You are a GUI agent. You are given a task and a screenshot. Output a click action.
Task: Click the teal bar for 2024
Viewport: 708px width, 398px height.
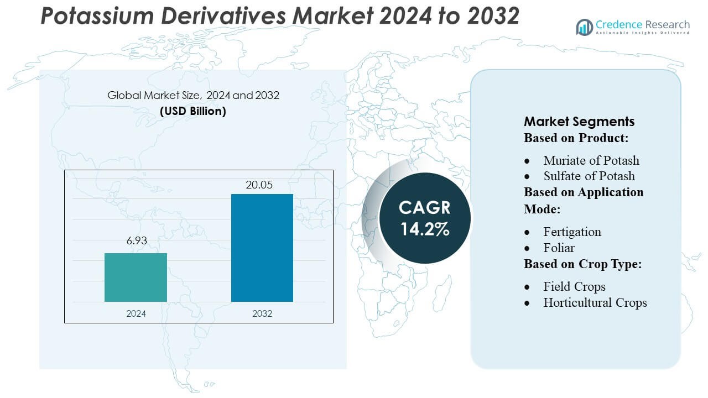pyautogui.click(x=136, y=277)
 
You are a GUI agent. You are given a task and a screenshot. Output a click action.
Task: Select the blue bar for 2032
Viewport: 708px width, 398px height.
pyautogui.click(x=262, y=248)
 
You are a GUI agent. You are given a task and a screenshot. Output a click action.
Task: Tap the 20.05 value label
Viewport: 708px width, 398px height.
pyautogui.click(x=260, y=185)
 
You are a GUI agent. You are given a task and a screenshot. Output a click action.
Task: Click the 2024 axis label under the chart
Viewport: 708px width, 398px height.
pyautogui.click(x=136, y=313)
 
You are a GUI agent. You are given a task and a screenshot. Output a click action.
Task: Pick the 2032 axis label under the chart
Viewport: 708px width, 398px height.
pyautogui.click(x=262, y=313)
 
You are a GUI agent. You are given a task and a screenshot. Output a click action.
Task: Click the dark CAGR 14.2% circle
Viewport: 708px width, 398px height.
pyautogui.click(x=425, y=217)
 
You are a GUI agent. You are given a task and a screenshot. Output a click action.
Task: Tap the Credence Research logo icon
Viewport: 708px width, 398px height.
pyautogui.click(x=584, y=27)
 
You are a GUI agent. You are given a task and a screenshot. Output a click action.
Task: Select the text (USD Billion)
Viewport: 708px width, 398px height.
pyautogui.click(x=193, y=111)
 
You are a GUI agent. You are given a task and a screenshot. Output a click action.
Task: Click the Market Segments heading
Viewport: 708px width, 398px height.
pyautogui.click(x=579, y=122)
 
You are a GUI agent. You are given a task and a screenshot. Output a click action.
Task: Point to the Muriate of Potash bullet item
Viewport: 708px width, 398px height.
pyautogui.click(x=591, y=160)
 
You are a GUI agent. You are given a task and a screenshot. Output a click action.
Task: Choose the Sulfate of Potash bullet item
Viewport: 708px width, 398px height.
pyautogui.click(x=589, y=176)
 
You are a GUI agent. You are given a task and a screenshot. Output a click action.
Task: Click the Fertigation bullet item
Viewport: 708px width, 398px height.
pyautogui.click(x=572, y=232)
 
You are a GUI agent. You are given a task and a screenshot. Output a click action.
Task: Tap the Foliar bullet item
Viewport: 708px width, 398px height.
pyautogui.click(x=559, y=248)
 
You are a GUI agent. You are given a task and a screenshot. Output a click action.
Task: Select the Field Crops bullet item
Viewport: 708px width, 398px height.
pyautogui.click(x=574, y=286)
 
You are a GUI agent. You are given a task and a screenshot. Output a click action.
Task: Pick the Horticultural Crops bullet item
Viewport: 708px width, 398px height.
pyautogui.click(x=595, y=302)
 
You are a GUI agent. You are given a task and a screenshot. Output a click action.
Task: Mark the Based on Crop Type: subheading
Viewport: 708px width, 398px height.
pyautogui.click(x=582, y=264)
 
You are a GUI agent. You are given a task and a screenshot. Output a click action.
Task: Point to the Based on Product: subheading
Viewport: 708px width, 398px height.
pyautogui.click(x=576, y=138)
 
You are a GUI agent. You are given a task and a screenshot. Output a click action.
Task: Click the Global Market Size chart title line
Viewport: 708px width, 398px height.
pyautogui.click(x=193, y=95)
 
